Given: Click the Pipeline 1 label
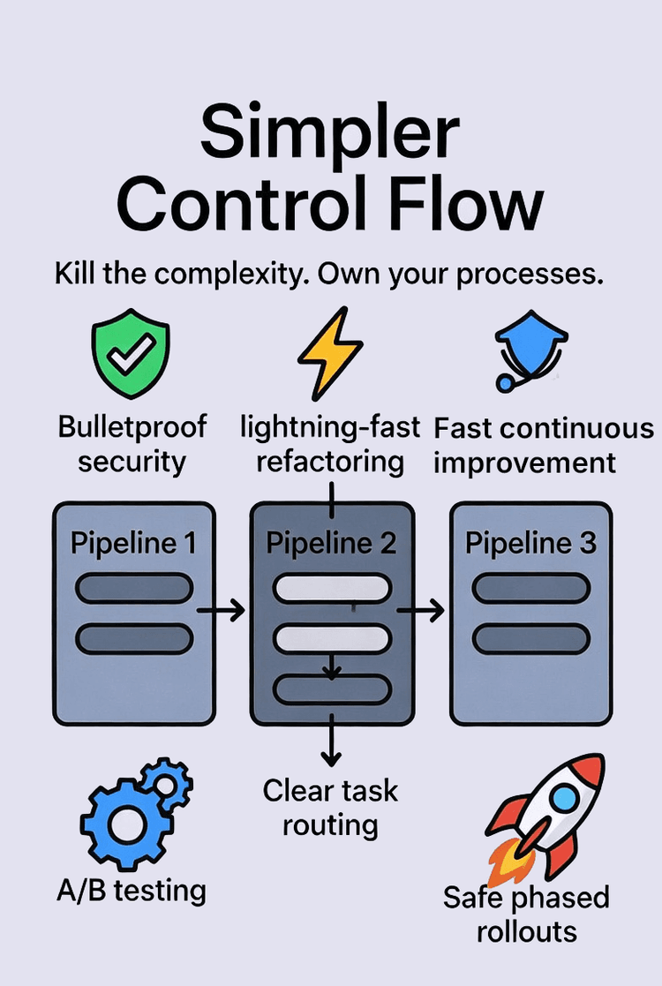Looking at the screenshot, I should tap(133, 542).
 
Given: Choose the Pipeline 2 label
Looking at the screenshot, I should tap(331, 543).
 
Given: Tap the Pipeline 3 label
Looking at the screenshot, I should tap(530, 543).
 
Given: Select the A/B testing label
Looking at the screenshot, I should tap(131, 890).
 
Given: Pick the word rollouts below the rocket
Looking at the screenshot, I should tap(526, 930).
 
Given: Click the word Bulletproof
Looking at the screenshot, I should tap(132, 427).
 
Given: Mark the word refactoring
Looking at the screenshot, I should tap(330, 462).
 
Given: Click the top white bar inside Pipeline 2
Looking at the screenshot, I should tap(331, 587).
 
